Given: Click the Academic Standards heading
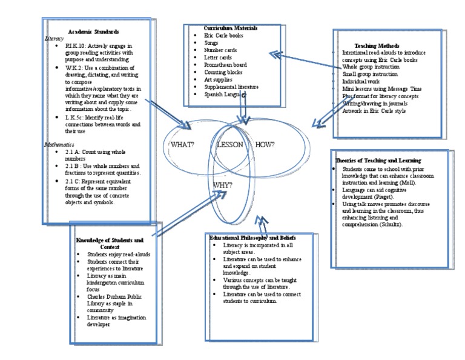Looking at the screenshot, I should (x=93, y=31).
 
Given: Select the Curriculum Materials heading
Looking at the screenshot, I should (x=231, y=28).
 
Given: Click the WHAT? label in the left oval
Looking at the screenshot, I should (x=182, y=145).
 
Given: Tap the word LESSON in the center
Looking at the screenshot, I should (x=229, y=145).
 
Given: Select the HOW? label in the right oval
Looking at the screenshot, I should (x=265, y=144).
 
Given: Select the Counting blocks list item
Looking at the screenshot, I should (x=220, y=72).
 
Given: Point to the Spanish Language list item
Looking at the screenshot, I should (x=225, y=95).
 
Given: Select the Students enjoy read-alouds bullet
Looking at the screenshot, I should (x=118, y=255).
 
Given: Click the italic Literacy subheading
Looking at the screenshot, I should (x=54, y=38).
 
